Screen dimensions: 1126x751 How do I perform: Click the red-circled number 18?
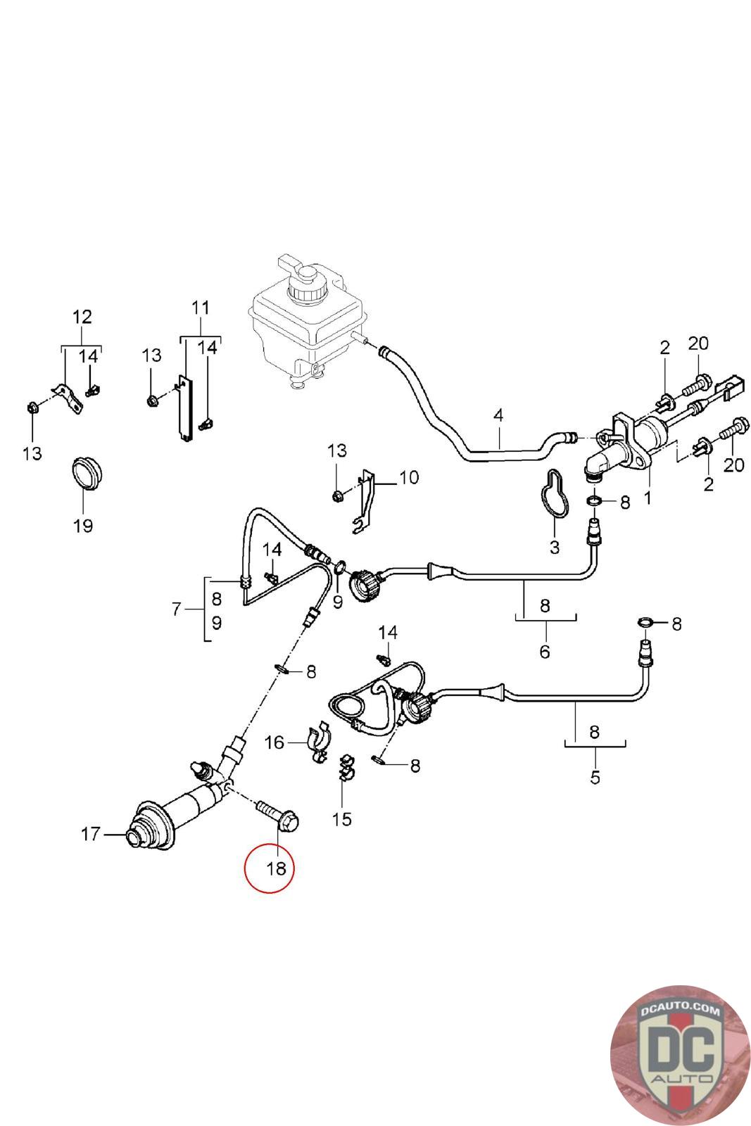pyautogui.click(x=276, y=868)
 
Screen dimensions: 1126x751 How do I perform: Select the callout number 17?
pyautogui.click(x=91, y=834)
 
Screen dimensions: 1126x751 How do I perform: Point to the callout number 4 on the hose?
pyautogui.click(x=498, y=415)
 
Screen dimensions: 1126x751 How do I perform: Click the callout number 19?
pyautogui.click(x=83, y=525)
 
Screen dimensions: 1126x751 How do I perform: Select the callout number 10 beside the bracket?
pyautogui.click(x=408, y=477)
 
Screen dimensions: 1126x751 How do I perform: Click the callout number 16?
pyautogui.click(x=274, y=742)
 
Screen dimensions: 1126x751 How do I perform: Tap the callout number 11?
pyautogui.click(x=201, y=308)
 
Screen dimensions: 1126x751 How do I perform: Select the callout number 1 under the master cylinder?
pyautogui.click(x=648, y=498)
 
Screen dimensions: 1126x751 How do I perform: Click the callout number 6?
pyautogui.click(x=545, y=651)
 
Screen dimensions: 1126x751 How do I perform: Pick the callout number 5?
pyautogui.click(x=595, y=777)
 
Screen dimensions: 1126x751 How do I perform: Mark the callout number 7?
pyautogui.click(x=177, y=609)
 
